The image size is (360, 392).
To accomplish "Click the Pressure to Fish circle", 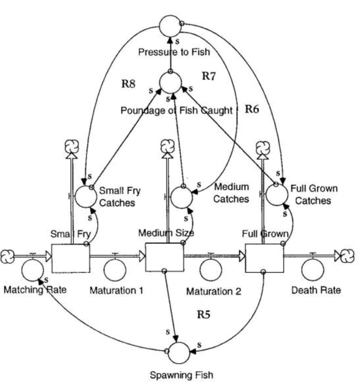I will (171, 26).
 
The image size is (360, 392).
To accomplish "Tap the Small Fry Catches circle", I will (85, 196).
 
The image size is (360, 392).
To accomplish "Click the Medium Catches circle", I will (182, 196).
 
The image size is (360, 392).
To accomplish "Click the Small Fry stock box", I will (71, 258).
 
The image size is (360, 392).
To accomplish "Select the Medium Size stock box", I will (164, 258).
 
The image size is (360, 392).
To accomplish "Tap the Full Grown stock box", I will (264, 258).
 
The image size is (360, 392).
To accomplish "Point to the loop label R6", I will (252, 110).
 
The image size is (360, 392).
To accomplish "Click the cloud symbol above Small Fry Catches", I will (70, 145).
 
